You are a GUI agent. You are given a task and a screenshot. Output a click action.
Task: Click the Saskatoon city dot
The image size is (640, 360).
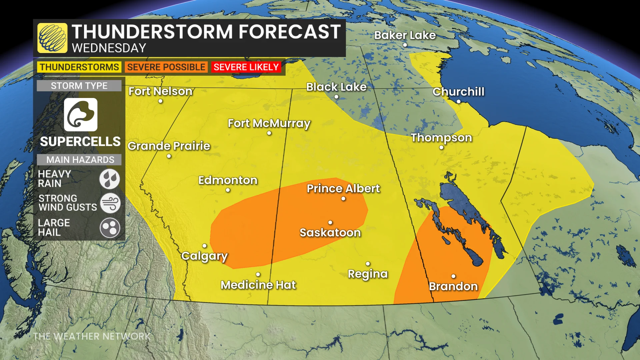tap(330, 222)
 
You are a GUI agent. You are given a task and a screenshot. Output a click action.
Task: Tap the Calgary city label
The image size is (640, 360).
tap(204, 256)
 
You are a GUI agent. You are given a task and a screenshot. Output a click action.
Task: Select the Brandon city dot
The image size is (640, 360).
tap(453, 276)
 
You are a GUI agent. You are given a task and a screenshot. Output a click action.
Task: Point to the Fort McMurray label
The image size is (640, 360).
tap(269, 123)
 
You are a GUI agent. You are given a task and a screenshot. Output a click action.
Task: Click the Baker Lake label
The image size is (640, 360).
tap(405, 35)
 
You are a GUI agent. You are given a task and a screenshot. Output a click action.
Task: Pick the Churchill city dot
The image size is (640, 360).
tap(458, 101)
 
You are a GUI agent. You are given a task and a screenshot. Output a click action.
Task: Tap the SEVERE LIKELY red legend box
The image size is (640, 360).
tap(246, 67)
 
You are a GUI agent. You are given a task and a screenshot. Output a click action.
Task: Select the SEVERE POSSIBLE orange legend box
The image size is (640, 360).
tap(166, 67)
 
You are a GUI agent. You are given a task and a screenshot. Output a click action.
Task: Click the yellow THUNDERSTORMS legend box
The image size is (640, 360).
tap(79, 67)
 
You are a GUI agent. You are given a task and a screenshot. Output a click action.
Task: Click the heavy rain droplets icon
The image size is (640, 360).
tap(110, 179)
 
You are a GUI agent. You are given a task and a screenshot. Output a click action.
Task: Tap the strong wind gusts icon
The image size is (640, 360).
tap(110, 203)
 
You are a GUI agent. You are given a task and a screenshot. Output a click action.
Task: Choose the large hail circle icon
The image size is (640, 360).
tap(110, 228)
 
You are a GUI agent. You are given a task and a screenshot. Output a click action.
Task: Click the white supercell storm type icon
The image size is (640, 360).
tap(81, 115)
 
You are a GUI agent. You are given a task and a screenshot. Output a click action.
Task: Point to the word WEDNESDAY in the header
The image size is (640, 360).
tap(109, 48)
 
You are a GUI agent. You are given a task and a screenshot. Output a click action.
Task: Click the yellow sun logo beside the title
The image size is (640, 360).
tap(52, 38)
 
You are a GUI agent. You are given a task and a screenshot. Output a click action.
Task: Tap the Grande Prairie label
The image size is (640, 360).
tap(169, 146)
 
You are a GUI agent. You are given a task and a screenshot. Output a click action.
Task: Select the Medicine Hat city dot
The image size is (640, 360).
tap(258, 274)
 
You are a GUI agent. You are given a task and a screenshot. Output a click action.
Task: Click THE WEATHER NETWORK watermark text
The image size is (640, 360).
tap(92, 336)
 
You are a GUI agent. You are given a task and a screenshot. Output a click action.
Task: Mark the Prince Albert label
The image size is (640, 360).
tap(343, 189)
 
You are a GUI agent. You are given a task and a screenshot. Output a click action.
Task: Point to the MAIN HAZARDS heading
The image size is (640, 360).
tap(80, 160)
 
